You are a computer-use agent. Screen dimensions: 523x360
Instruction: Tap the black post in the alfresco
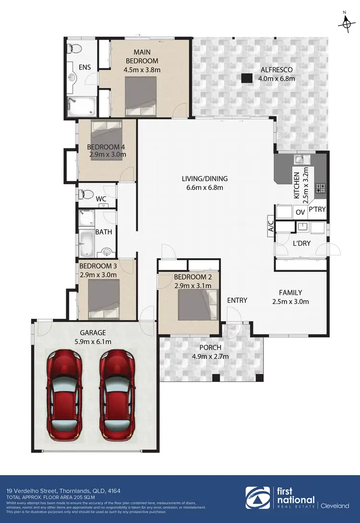click(x=247, y=78)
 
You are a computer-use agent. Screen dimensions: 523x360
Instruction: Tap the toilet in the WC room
click(x=86, y=194)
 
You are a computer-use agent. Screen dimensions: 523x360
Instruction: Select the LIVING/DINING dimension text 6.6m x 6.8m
click(x=204, y=188)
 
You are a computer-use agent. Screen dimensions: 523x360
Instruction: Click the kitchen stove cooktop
click(x=320, y=189)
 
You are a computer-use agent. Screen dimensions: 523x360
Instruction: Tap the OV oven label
click(x=300, y=212)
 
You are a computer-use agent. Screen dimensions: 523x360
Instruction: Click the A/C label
click(x=270, y=226)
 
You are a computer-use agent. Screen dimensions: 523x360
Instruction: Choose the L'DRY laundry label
click(x=301, y=243)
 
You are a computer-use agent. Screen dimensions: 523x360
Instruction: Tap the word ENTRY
click(x=237, y=300)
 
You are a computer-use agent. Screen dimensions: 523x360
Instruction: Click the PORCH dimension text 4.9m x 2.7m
click(x=210, y=356)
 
